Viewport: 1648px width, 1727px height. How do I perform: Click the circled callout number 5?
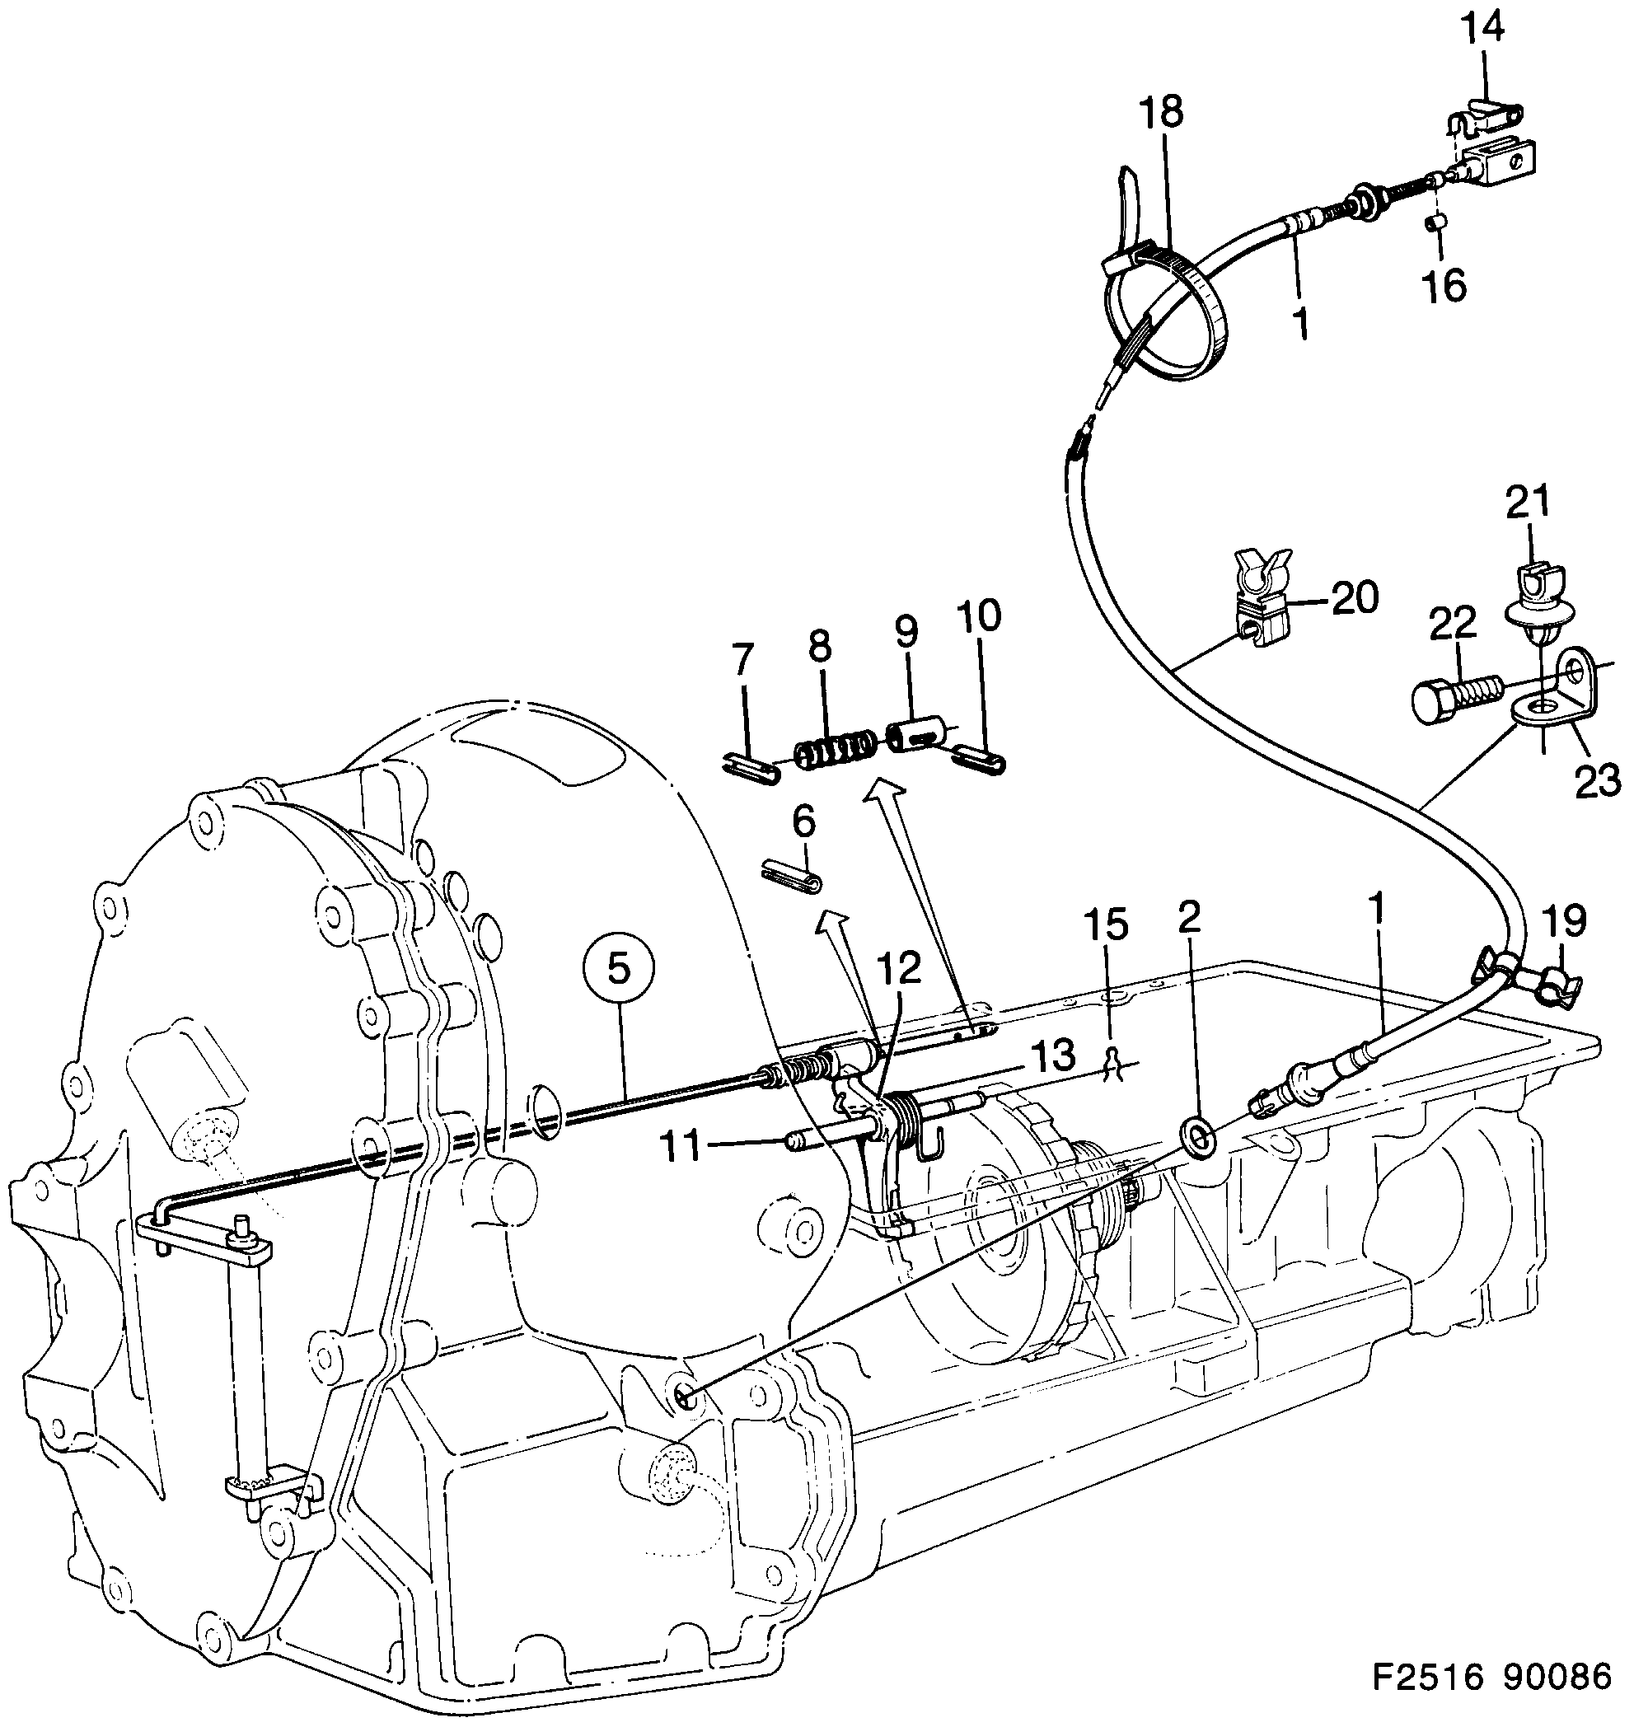click(619, 969)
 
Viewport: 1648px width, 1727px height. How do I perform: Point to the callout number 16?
click(1445, 285)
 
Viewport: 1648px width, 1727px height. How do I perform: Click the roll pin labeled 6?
click(790, 878)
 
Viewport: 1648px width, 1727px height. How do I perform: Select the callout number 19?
click(1564, 920)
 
